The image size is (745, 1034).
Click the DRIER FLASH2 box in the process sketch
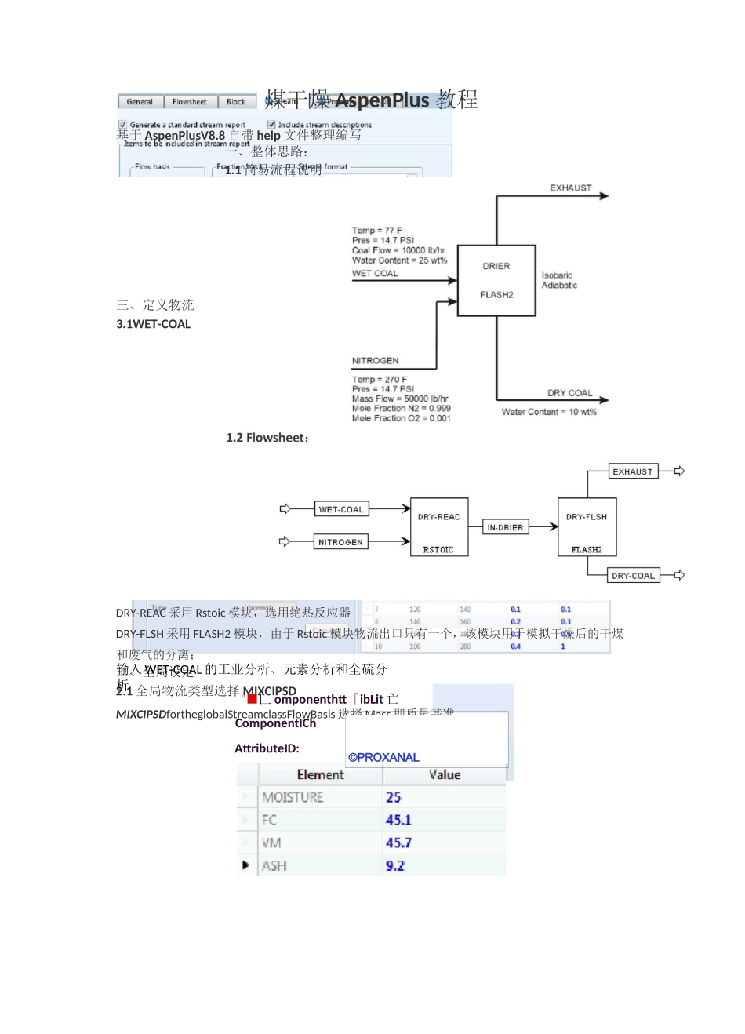point(496,280)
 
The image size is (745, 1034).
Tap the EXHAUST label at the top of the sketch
point(570,188)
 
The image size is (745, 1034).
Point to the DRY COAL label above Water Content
point(569,393)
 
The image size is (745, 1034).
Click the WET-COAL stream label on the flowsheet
point(341,509)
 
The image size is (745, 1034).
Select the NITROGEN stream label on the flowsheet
point(340,542)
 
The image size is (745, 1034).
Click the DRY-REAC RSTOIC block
point(439,527)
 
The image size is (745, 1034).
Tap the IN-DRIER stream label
point(505,527)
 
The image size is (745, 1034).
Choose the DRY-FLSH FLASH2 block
point(587,526)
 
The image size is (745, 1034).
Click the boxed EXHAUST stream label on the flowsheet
point(632,471)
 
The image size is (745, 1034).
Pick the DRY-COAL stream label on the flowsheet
point(633,575)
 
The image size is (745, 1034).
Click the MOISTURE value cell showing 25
point(394,798)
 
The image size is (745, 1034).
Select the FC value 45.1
point(398,821)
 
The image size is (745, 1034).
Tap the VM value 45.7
point(398,843)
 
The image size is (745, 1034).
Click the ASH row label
point(274,866)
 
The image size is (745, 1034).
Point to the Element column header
point(320,775)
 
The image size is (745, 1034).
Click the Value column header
point(444,775)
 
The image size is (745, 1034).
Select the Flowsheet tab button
point(189,102)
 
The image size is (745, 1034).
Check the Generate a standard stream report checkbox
point(122,125)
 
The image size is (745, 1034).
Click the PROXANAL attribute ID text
point(383,758)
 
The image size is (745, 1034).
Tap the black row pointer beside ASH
point(246,865)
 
